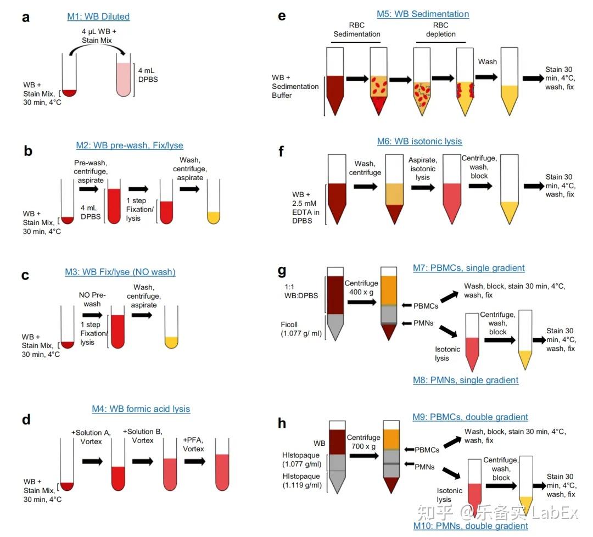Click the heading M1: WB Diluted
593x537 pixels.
98,16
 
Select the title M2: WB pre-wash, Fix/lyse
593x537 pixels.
130,145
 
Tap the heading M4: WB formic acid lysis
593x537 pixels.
141,409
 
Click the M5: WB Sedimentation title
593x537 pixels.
423,14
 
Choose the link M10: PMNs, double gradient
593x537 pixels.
471,525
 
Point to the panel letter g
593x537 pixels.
282,271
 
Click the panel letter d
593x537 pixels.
26,419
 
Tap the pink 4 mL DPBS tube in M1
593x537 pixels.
124,75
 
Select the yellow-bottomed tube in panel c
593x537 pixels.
171,327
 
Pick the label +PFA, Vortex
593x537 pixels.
193,444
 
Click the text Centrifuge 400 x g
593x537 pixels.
361,287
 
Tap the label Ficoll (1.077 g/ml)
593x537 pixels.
301,329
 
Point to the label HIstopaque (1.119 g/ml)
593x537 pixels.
302,480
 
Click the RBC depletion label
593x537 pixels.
440,30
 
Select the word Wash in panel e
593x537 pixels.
488,61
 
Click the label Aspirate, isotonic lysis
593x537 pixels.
423,169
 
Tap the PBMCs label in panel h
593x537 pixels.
427,450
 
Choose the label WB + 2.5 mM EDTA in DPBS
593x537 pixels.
306,208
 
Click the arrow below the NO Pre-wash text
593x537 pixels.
92,315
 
